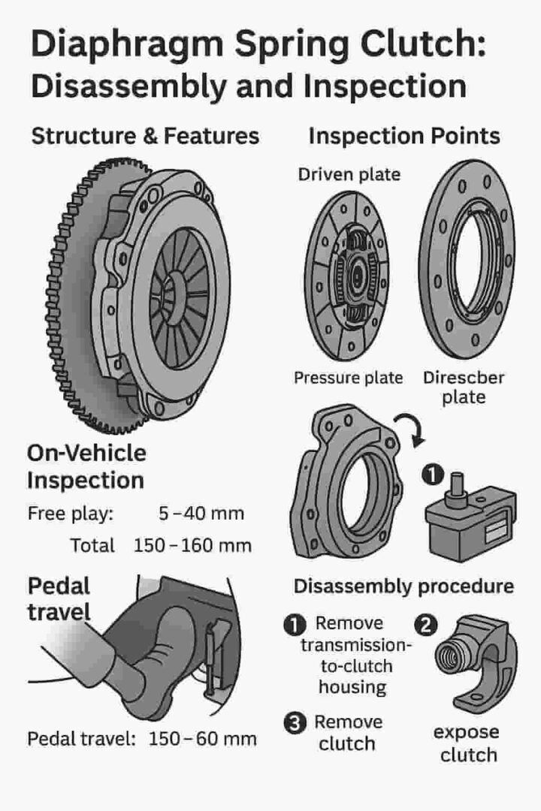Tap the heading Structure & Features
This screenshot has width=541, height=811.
(x=145, y=136)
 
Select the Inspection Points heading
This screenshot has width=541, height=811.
(x=404, y=136)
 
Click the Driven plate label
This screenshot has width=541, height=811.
(x=349, y=175)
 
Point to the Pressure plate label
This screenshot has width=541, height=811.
(x=348, y=377)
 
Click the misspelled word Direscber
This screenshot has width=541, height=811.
(x=463, y=377)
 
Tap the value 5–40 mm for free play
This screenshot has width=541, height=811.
(x=201, y=514)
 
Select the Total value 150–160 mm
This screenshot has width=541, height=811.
(x=192, y=545)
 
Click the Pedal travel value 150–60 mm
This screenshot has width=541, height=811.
(x=202, y=738)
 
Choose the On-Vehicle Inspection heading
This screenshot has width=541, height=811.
(x=86, y=466)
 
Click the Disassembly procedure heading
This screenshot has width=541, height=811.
(x=403, y=586)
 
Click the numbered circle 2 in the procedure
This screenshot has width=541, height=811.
(x=425, y=625)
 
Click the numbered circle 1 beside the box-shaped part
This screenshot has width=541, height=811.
(x=431, y=475)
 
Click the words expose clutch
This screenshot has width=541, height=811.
(x=466, y=743)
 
